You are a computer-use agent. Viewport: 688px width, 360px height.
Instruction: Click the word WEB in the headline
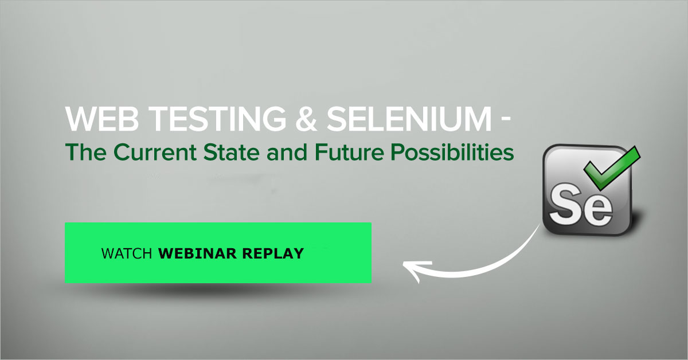102,119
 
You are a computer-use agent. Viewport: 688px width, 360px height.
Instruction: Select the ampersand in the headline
306,119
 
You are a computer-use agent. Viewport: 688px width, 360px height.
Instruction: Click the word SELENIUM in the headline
409,119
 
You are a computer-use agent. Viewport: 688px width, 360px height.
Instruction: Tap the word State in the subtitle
231,152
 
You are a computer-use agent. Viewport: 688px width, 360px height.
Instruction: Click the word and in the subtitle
287,152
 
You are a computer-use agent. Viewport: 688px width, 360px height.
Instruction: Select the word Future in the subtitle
349,152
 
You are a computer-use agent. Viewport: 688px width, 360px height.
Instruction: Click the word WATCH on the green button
127,254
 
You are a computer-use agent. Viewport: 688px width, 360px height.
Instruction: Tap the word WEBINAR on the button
197,254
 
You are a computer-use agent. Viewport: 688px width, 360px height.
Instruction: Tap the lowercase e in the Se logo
599,210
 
